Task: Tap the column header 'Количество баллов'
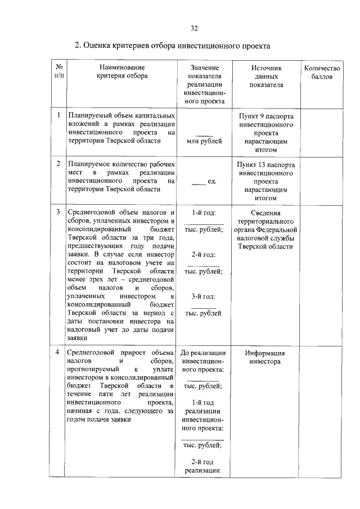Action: [322, 72]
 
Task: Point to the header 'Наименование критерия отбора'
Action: [122, 72]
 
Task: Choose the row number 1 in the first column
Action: [58, 115]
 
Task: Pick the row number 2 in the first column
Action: [58, 164]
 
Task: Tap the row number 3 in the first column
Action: [58, 212]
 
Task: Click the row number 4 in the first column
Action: [58, 353]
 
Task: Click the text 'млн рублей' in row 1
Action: [204, 141]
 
